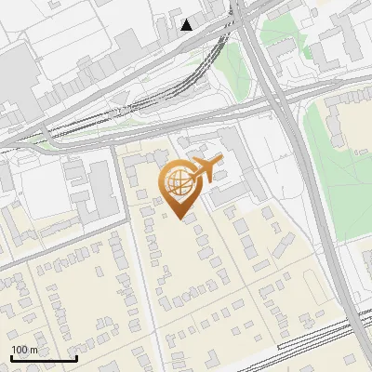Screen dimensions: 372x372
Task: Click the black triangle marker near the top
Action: pyautogui.click(x=188, y=25)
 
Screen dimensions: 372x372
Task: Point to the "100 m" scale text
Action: pyautogui.click(x=24, y=350)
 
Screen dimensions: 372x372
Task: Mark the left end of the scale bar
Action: pyautogui.click(x=11, y=358)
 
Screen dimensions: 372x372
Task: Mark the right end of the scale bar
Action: pyautogui.click(x=76, y=358)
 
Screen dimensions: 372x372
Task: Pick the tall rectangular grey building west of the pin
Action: pyautogui.click(x=100, y=186)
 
